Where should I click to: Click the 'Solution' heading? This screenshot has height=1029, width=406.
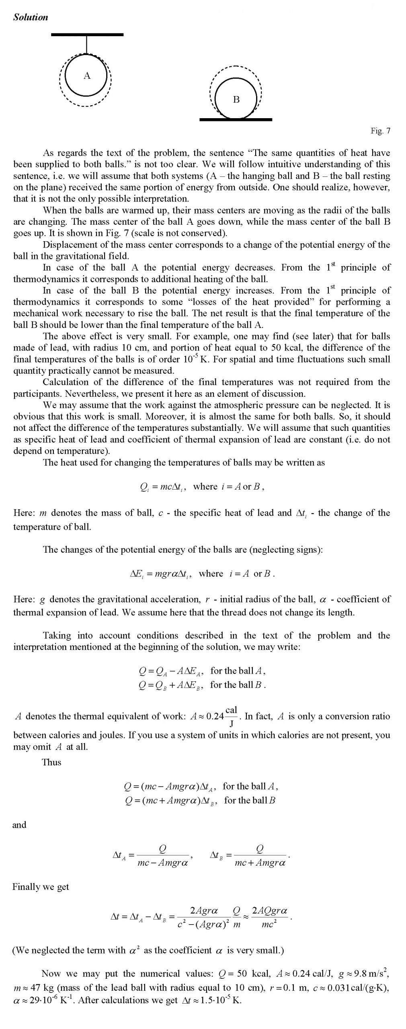tap(31, 17)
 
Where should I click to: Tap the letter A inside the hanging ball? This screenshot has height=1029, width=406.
tap(87, 76)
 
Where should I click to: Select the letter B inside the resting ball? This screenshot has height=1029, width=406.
tap(236, 99)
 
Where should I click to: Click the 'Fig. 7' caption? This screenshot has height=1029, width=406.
tap(380, 131)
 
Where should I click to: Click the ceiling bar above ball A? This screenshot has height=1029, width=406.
tap(87, 35)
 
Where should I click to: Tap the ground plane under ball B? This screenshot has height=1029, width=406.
tap(236, 119)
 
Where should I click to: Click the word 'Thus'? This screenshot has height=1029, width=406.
tap(51, 762)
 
